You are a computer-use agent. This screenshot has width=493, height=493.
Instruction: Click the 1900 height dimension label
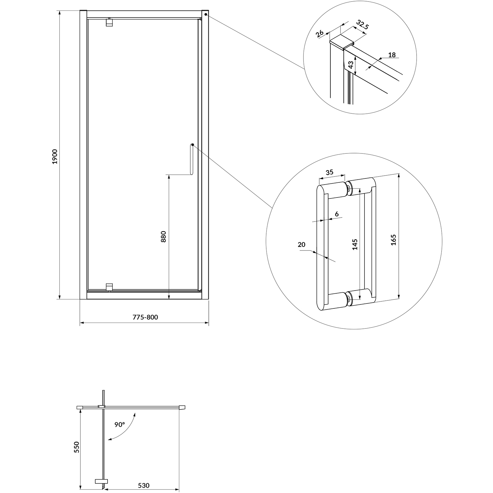55,157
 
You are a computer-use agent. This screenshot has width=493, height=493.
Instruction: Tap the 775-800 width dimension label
145,317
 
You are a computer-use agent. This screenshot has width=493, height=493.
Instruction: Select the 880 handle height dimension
163,236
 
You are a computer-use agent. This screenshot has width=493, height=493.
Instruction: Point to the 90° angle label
120,424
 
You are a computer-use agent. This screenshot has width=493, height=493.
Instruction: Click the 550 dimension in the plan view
76,447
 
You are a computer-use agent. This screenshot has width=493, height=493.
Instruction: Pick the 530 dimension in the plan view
144,486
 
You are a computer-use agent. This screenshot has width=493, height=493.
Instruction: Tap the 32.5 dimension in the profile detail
362,25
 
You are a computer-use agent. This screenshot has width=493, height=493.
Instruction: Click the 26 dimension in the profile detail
320,33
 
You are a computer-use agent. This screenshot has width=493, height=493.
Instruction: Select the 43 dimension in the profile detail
351,65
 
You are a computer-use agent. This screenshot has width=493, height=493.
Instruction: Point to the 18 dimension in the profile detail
392,55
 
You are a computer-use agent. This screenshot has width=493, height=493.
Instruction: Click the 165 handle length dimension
393,240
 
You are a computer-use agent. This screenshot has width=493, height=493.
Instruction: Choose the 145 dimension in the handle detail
355,244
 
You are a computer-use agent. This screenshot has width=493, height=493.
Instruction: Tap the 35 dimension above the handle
330,172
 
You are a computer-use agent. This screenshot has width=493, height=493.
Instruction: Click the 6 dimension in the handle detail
336,214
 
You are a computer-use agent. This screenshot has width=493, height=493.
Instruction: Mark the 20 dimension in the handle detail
301,244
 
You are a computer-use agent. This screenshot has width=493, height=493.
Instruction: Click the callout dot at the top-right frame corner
206,14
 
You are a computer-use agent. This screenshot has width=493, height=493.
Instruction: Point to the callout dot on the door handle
192,145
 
